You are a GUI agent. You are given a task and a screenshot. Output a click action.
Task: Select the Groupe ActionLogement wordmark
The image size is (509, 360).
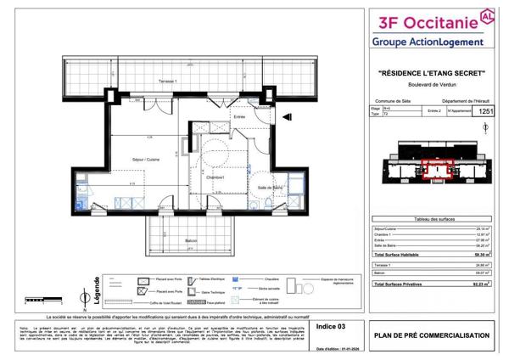click(428, 42)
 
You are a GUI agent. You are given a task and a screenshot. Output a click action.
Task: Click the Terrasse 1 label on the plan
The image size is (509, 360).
click(167, 81)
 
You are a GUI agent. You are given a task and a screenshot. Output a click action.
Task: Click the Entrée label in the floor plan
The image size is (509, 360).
click(240, 117)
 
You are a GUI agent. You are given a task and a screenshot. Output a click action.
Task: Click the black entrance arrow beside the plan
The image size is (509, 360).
click(288, 117)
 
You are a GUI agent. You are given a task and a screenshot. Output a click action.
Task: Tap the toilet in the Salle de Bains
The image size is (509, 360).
click(266, 204)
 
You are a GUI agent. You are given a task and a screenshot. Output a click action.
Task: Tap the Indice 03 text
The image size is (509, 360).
click(331, 324)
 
